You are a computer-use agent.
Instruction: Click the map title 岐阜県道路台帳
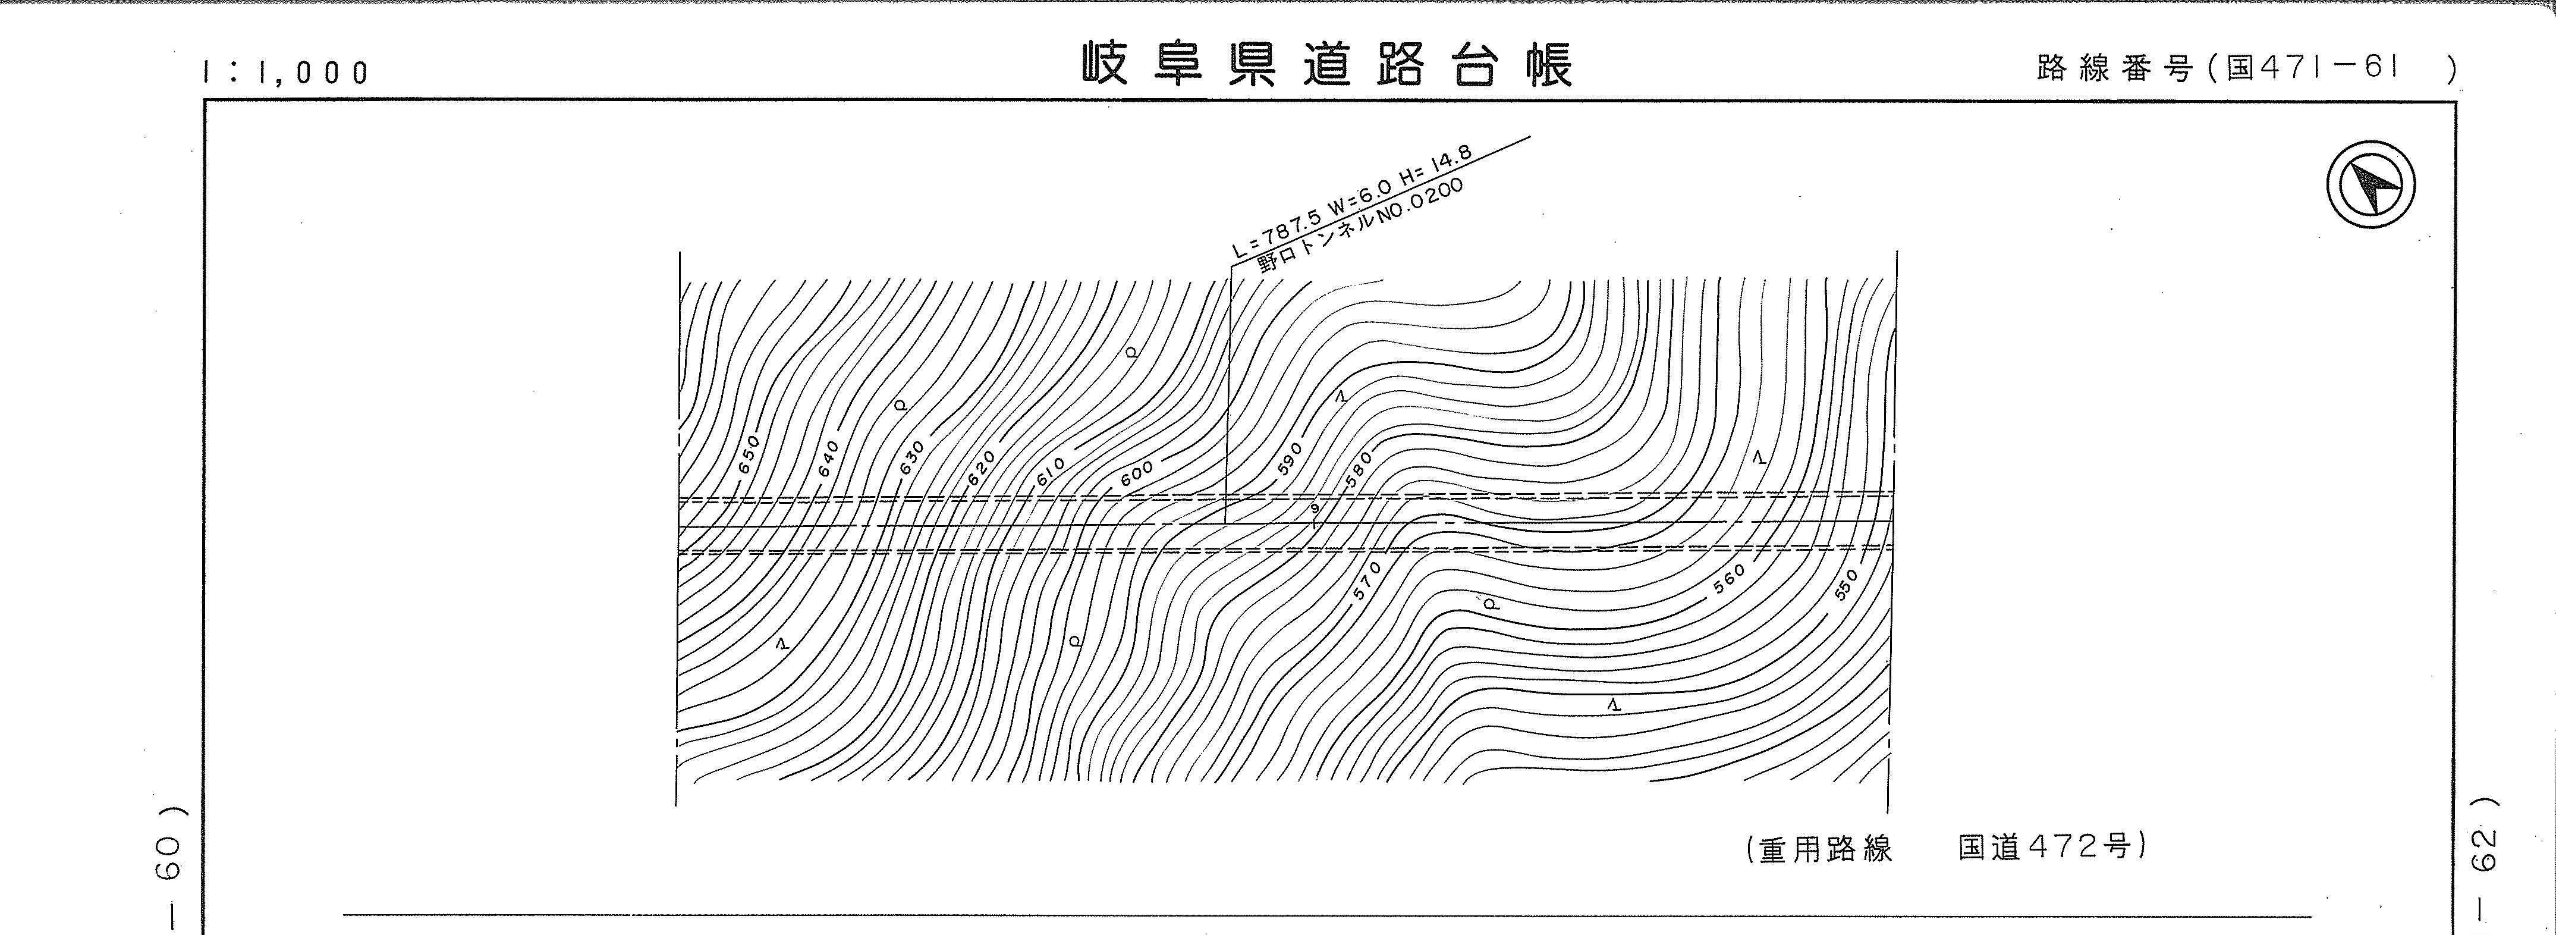1326,64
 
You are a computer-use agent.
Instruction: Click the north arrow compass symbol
2370,186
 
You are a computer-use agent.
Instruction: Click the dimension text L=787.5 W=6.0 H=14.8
1351,202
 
